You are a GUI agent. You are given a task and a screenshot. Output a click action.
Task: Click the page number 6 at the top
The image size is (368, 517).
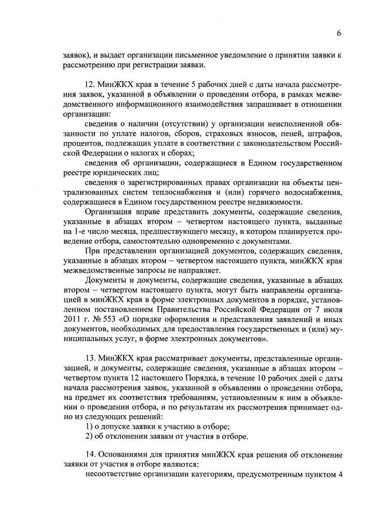pyautogui.click(x=339, y=33)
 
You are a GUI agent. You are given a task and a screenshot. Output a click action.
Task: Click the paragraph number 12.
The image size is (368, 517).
pyautogui.click(x=89, y=84)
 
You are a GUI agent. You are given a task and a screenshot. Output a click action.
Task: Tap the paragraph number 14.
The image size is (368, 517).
pyautogui.click(x=89, y=453)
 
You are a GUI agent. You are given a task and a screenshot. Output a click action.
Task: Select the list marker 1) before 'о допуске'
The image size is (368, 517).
pyautogui.click(x=89, y=426)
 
